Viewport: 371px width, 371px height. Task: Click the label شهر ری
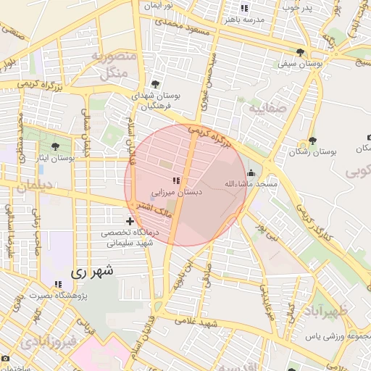(x=93, y=273)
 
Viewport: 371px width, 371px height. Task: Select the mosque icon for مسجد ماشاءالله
(x=251, y=173)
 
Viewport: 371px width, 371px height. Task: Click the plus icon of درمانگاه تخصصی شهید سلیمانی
(x=130, y=221)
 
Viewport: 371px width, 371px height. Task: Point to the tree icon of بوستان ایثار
(x=56, y=146)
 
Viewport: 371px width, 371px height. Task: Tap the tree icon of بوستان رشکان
(x=312, y=141)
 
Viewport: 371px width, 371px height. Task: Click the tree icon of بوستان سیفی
(x=300, y=52)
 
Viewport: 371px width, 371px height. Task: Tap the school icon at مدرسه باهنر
(x=244, y=9)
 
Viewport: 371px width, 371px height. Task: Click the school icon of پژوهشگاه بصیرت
(x=57, y=284)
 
